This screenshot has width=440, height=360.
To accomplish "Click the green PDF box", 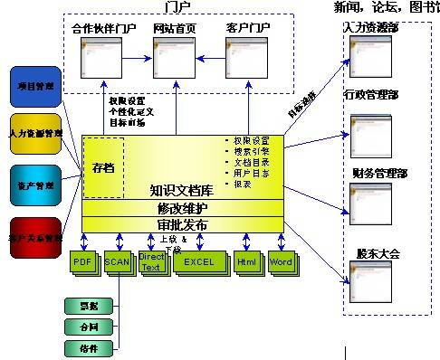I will [x=83, y=262].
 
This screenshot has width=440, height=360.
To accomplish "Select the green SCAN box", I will [x=118, y=262].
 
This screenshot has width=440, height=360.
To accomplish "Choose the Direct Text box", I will [x=151, y=262].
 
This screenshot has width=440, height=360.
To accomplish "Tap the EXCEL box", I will [x=198, y=262].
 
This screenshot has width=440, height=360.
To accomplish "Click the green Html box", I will [x=247, y=262].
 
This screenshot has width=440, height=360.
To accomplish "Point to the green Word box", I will [x=282, y=262].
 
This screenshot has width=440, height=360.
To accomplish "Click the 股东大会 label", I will [x=378, y=254].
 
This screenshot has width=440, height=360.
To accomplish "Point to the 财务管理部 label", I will [x=379, y=172].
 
